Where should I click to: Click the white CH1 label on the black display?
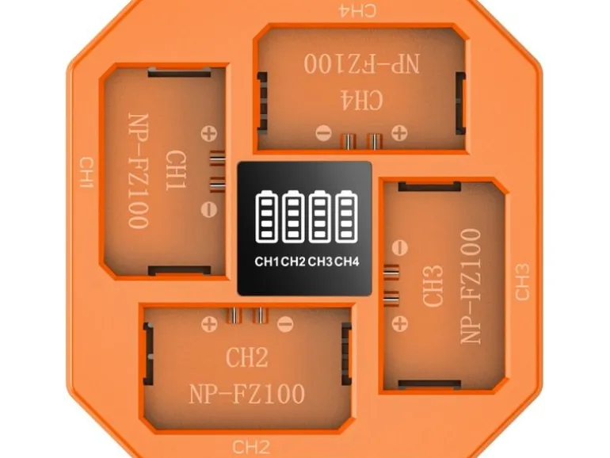coord(267,261)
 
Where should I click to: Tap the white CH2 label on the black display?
coord(293,261)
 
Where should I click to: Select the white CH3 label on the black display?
coord(320,261)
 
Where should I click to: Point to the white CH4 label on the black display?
coord(347,261)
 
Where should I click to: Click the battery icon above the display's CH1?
coord(267,217)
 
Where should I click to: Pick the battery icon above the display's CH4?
coord(346,217)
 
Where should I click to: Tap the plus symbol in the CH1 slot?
coord(209,133)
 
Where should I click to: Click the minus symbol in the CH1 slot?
coord(209,210)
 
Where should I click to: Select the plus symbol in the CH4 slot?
coord(399,133)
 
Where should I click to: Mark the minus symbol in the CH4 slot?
coord(323,133)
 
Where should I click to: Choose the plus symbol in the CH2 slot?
coord(209,324)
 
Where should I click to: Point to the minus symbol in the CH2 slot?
coord(285,324)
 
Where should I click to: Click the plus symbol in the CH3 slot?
coord(399,324)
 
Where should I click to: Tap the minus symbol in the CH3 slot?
coord(399,247)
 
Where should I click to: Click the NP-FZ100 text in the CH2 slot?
coord(247,394)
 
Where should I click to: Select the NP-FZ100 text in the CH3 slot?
coord(471,286)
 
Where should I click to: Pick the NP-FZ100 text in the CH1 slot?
coord(138,171)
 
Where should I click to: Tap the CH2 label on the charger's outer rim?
coord(251,447)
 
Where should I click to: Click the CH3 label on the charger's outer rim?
coord(522,282)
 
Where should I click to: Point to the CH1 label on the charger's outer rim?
coord(87,173)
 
